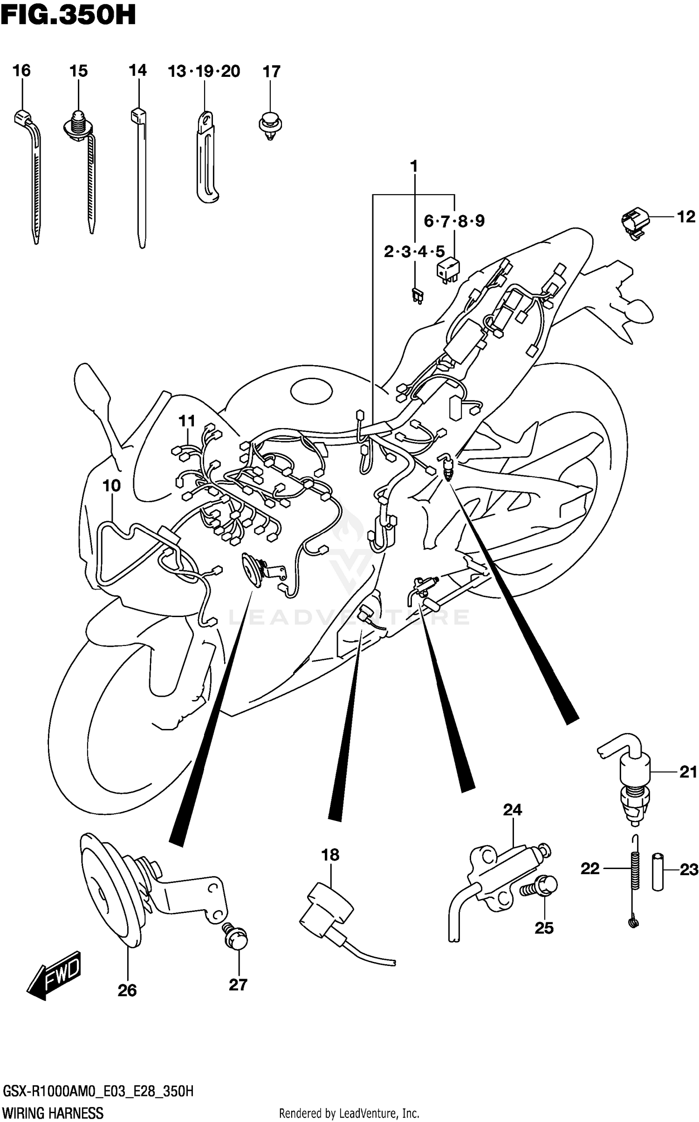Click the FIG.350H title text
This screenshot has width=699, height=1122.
68,15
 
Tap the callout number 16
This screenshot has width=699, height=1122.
21,71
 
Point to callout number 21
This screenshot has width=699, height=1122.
688,772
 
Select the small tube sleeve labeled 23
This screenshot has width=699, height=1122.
658,871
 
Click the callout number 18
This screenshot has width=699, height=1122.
330,855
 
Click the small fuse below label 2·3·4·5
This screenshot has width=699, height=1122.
417,296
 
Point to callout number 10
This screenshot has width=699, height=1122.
111,486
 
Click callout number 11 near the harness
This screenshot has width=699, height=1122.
187,421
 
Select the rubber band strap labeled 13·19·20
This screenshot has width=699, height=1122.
206,158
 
